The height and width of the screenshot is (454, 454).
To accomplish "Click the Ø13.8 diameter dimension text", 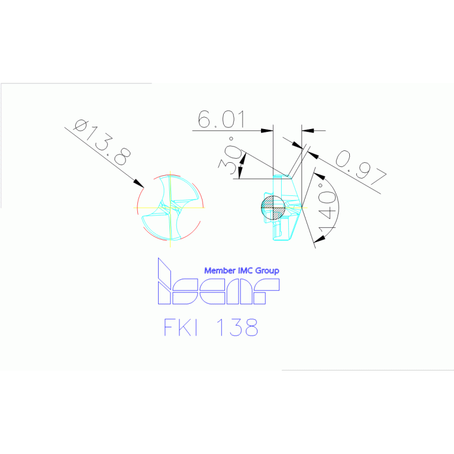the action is coord(102,142).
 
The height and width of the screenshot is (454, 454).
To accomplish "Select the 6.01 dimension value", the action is coord(221,119).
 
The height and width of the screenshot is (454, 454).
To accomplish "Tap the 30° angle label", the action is coord(230,156).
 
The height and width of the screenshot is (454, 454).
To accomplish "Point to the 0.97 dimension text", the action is coord(360,168).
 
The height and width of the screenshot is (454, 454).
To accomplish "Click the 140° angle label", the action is coord(327,208).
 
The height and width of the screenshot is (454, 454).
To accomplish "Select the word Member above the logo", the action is coord(220,271).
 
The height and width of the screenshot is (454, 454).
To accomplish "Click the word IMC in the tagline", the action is coord(245,271).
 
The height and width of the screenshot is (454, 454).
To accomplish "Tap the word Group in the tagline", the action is coord(267,271).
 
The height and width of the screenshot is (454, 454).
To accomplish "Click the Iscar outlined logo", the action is coord(218,281).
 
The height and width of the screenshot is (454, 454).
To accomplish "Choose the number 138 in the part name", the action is coord(237,327).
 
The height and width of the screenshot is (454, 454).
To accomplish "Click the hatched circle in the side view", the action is coord(273,207).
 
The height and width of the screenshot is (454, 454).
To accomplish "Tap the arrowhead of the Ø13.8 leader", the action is coord(139,183).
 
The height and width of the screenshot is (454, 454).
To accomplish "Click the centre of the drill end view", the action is coord(170,208).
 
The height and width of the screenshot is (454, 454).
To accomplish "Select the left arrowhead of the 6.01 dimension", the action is coord(267,131).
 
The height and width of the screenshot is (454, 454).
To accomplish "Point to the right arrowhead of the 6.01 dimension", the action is coord(308,131).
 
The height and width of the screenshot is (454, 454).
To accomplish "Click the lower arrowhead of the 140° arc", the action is coord(320,239).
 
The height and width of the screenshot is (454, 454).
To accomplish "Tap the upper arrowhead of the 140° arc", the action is coord(320,176).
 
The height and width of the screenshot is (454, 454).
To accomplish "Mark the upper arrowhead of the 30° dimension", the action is coord(243,159).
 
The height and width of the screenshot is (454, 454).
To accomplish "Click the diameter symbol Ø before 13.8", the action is coord(81,125).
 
